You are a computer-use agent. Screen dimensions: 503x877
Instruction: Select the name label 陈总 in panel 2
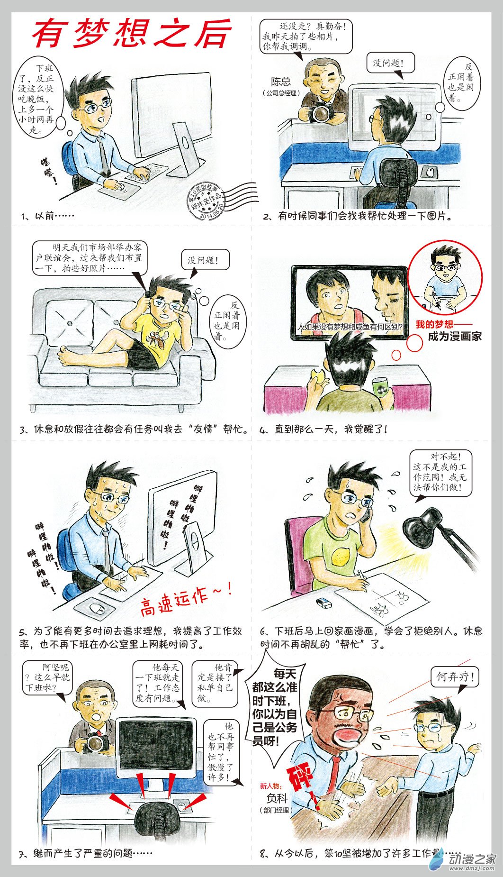point(281,82)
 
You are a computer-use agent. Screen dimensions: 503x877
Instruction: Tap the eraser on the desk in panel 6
point(324,603)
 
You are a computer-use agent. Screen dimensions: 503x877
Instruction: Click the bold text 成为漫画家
point(454,337)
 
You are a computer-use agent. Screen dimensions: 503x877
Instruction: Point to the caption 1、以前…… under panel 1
point(48,216)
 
